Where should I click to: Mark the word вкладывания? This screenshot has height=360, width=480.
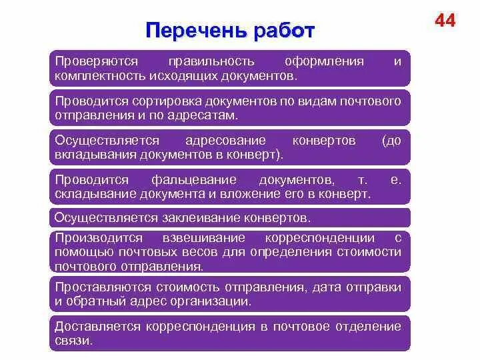click(95, 154)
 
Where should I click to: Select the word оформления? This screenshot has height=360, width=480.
click(324, 61)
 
